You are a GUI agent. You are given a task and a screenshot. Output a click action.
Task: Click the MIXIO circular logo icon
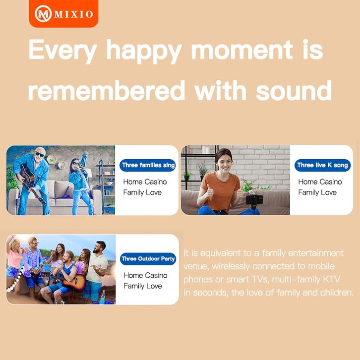click(x=43, y=14)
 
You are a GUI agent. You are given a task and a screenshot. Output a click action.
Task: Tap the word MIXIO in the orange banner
click(x=74, y=14)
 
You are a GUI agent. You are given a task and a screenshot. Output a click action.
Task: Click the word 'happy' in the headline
click(x=144, y=52)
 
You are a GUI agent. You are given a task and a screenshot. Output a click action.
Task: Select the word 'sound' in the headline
click(x=294, y=90)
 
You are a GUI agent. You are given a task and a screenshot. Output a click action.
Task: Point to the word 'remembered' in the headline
click(x=107, y=90)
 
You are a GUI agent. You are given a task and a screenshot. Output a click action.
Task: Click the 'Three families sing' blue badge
click(x=148, y=165)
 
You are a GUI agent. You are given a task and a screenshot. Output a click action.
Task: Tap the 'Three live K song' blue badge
click(x=323, y=165)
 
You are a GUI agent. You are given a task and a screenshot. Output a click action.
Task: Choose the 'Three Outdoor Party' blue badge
click(x=148, y=259)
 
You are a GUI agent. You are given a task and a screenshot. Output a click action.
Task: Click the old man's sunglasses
click(x=40, y=154)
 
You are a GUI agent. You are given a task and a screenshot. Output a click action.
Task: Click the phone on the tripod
click(x=254, y=199)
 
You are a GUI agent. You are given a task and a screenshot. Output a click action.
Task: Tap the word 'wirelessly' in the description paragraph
click(x=230, y=266)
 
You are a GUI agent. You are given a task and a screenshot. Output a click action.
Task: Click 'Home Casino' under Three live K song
click(x=320, y=182)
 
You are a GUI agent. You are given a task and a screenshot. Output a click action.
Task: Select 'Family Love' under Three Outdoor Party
click(x=143, y=286)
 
